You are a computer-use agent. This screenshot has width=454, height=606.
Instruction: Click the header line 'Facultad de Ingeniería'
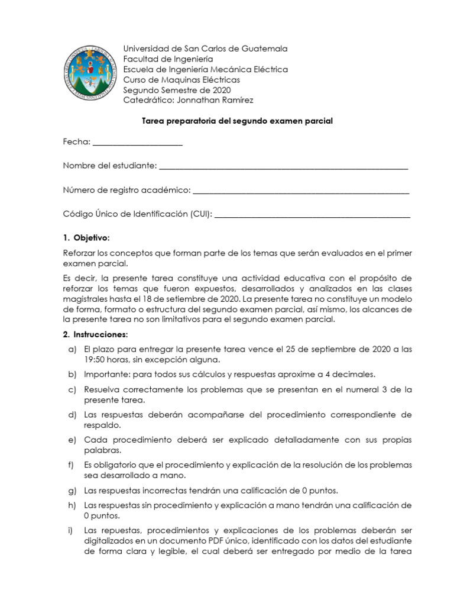[x=168, y=59]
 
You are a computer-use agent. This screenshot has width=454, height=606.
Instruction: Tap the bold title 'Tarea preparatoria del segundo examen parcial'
[x=238, y=121]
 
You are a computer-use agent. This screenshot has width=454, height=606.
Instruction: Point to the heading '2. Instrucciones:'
[x=95, y=335]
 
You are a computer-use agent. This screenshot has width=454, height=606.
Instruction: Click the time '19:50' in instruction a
[x=95, y=359]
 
